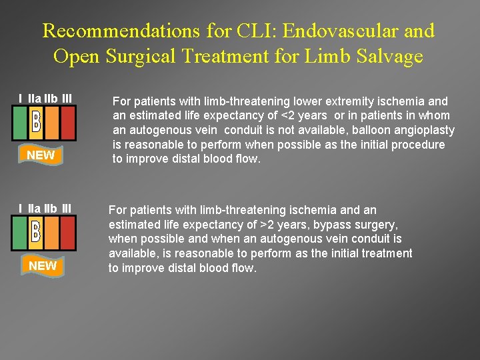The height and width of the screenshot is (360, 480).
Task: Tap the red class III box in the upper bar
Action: coord(68,124)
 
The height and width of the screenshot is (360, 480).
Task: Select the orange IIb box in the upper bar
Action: coord(52,124)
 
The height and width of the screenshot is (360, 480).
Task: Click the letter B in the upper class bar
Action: coord(37,121)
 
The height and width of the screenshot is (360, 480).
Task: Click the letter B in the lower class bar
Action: coord(37,232)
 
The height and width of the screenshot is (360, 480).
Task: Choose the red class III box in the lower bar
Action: coord(68,233)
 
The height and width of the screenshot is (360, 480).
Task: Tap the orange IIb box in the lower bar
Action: coord(52,233)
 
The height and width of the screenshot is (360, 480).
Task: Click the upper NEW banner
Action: coord(41,155)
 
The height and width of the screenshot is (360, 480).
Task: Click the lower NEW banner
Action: coord(42,266)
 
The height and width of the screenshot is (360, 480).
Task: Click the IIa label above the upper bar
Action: coord(34,99)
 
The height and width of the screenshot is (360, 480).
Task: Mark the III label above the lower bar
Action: coord(67,210)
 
